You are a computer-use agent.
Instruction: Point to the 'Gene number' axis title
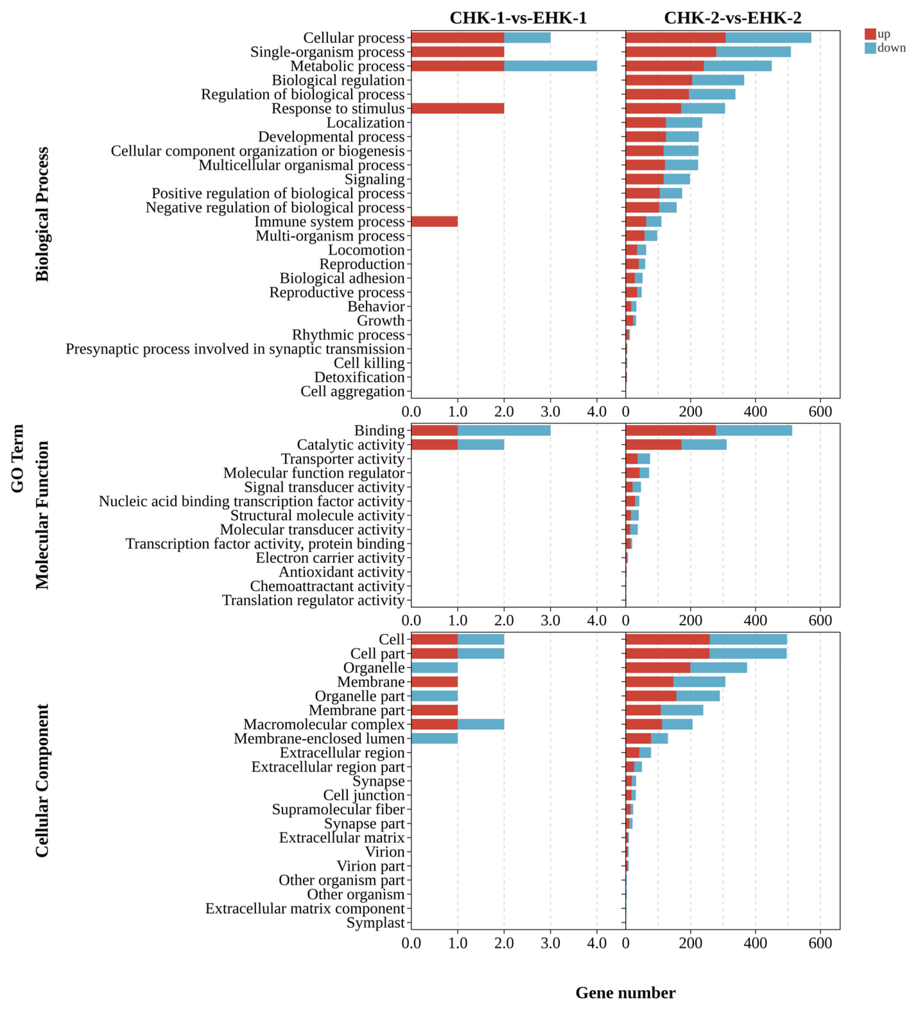click(625, 992)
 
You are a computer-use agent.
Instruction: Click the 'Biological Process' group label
click(42, 214)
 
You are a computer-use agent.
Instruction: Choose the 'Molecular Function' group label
click(42, 515)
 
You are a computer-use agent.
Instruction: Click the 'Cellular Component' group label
click(42, 780)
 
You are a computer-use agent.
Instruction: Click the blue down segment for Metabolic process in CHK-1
click(550, 66)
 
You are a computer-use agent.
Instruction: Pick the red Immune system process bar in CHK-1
click(434, 221)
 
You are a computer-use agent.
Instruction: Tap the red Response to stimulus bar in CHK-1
click(457, 108)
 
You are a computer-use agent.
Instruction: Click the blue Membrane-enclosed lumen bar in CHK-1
click(434, 738)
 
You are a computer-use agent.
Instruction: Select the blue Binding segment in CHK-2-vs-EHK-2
click(754, 430)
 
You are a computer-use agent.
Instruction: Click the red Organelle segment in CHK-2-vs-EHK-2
click(658, 668)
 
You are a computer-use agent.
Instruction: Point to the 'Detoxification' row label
click(359, 377)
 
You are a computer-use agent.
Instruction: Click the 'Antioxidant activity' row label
click(341, 572)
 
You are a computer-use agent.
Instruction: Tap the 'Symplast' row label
click(375, 923)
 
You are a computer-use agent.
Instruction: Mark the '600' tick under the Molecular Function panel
click(820, 620)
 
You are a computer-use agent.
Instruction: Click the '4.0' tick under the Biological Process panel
click(597, 412)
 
